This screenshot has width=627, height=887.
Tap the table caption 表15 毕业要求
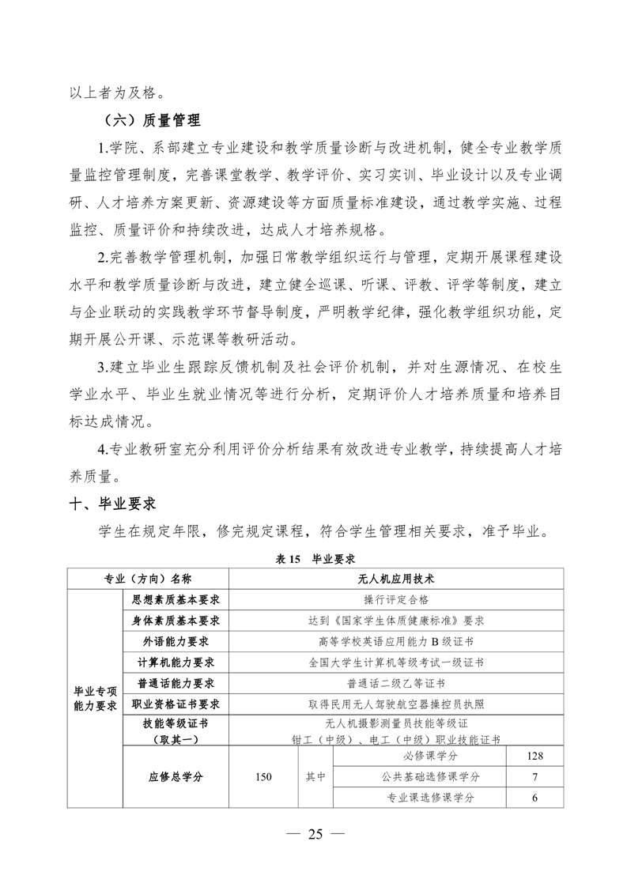(x=314, y=558)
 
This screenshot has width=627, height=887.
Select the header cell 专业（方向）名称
(x=148, y=579)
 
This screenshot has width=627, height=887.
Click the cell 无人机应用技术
(x=396, y=579)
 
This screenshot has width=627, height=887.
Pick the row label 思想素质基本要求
(x=176, y=600)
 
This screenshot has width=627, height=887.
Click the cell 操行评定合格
(x=396, y=600)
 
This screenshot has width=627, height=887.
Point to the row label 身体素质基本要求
(x=176, y=621)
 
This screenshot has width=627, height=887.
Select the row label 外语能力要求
(x=176, y=641)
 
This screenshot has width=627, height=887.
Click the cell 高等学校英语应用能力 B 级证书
(x=396, y=641)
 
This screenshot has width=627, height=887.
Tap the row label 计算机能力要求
(x=176, y=662)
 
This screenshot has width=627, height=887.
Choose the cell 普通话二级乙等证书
(x=396, y=682)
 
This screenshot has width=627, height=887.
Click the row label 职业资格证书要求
(x=176, y=703)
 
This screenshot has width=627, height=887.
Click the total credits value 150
(x=263, y=777)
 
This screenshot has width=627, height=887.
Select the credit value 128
(x=534, y=757)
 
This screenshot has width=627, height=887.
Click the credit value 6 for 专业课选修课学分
(x=534, y=798)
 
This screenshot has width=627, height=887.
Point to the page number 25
(x=315, y=835)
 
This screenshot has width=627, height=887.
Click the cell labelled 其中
(x=315, y=777)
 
